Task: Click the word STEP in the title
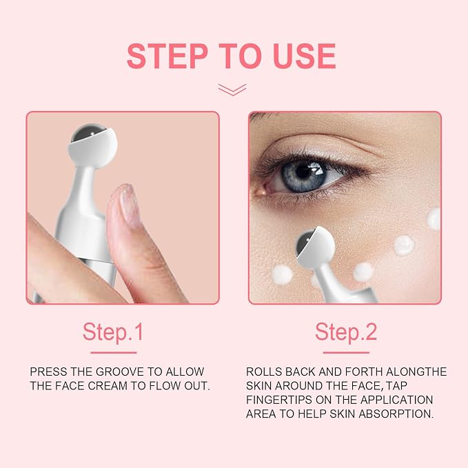pyautogui.click(x=167, y=56)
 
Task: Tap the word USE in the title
pyautogui.click(x=305, y=56)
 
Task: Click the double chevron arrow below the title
pyautogui.click(x=232, y=90)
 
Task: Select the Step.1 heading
pyautogui.click(x=113, y=332)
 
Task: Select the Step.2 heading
pyautogui.click(x=346, y=332)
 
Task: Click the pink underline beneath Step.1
pyautogui.click(x=114, y=352)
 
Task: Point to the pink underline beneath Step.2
pyautogui.click(x=346, y=352)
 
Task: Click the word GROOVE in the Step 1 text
pyautogui.click(x=120, y=372)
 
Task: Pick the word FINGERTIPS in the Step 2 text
pyautogui.click(x=278, y=400)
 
